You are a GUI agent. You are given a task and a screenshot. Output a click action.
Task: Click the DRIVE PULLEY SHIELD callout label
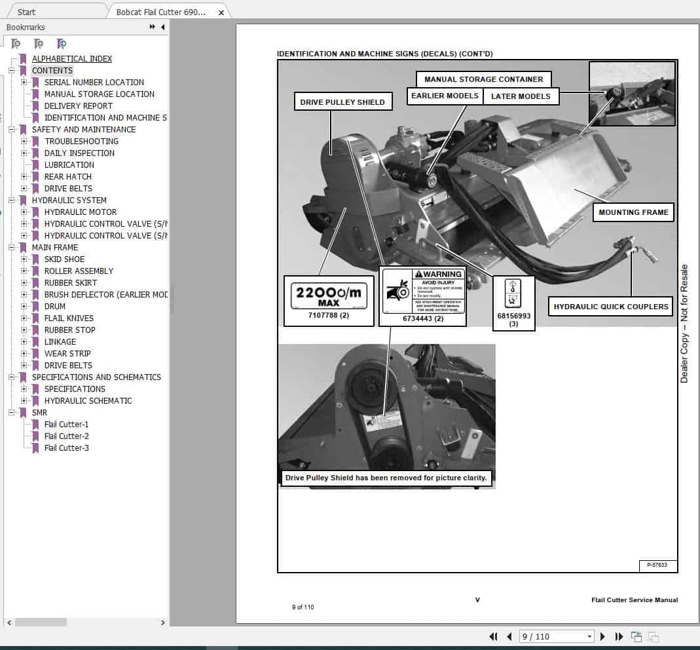coord(342,102)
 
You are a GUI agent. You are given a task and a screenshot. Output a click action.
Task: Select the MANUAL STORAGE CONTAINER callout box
coord(483,79)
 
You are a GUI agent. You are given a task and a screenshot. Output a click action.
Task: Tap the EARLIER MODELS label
coord(445,96)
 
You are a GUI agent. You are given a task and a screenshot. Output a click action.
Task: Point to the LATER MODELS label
coord(521,96)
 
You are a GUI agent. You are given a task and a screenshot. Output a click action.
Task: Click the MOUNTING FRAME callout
coord(633,212)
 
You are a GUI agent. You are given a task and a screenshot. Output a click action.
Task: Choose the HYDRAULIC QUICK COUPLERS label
coord(611,307)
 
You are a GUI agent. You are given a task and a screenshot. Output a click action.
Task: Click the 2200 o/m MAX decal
coord(329,297)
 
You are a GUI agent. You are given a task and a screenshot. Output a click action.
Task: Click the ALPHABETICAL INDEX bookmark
coord(72,58)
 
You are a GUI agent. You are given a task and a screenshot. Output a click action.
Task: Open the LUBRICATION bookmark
coord(69,164)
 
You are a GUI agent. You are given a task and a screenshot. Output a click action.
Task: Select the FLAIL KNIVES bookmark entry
coord(69,318)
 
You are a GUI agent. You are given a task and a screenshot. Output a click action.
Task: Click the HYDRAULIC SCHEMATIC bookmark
coord(88,400)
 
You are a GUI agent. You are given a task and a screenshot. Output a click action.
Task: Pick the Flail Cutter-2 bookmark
coord(67,436)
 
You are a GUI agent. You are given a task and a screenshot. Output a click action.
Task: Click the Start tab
coord(27,12)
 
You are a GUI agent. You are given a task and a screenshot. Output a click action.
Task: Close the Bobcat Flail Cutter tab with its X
coord(221,12)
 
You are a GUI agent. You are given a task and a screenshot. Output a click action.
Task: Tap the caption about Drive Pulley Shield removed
coord(386,478)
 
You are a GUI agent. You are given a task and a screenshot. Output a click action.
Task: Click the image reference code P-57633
coord(657,565)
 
